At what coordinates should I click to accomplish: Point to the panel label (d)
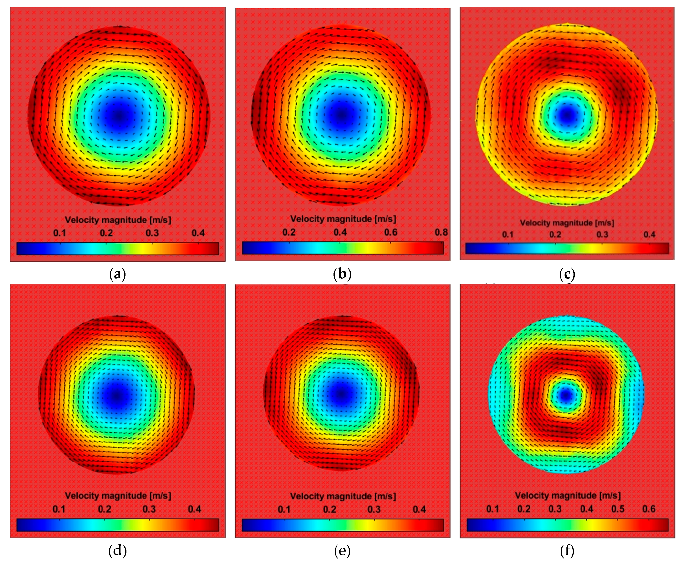click(117, 550)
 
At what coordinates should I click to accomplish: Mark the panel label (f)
click(567, 550)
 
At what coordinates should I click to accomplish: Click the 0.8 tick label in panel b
click(441, 232)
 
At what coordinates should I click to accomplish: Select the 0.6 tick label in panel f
click(649, 509)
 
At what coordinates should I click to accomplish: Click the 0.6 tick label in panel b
click(390, 232)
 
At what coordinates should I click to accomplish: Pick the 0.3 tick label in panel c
click(602, 234)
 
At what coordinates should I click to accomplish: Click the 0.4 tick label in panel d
click(194, 509)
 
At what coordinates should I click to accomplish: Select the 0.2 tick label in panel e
click(329, 509)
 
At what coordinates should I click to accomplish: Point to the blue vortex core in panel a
click(119, 114)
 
